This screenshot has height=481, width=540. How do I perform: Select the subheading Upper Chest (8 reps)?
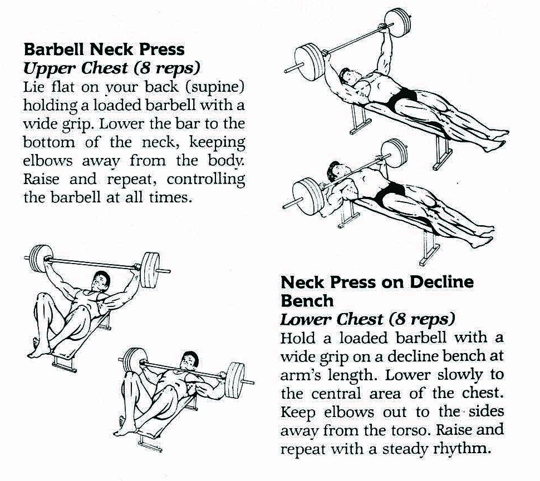click(111, 68)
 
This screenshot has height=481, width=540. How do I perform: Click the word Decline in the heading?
click(441, 282)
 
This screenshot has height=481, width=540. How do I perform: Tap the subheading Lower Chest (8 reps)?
click(367, 320)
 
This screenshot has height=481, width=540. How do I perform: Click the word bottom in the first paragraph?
click(49, 142)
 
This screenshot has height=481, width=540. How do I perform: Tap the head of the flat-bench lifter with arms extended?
click(101, 281)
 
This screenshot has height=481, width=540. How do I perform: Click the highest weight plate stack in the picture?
click(398, 23)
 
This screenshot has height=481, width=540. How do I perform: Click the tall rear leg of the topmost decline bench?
click(441, 152)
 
